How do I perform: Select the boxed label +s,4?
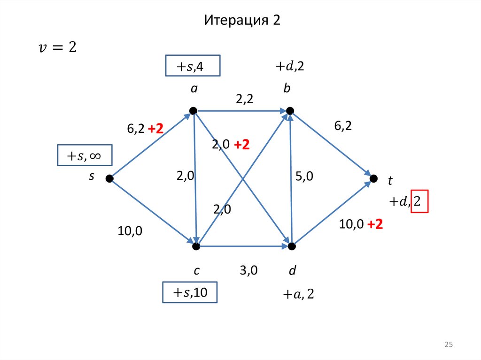pyautogui.click(x=193, y=66)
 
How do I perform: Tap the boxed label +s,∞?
pyautogui.click(x=85, y=155)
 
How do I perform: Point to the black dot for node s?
pyautogui.click(x=109, y=178)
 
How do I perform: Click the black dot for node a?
pyautogui.click(x=193, y=111)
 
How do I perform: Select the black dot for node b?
pyautogui.click(x=290, y=111)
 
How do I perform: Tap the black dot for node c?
pyautogui.click(x=197, y=246)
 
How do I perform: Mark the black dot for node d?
pyautogui.click(x=292, y=246)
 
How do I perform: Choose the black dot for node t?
pyautogui.click(x=374, y=178)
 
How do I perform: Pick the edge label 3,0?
pyautogui.click(x=248, y=270)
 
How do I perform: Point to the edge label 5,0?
pyautogui.click(x=304, y=176)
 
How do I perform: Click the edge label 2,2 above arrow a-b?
pyautogui.click(x=245, y=99)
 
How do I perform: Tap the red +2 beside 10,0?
pyautogui.click(x=375, y=225)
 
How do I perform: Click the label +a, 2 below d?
pyautogui.click(x=298, y=294)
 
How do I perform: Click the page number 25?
pyautogui.click(x=448, y=345)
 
